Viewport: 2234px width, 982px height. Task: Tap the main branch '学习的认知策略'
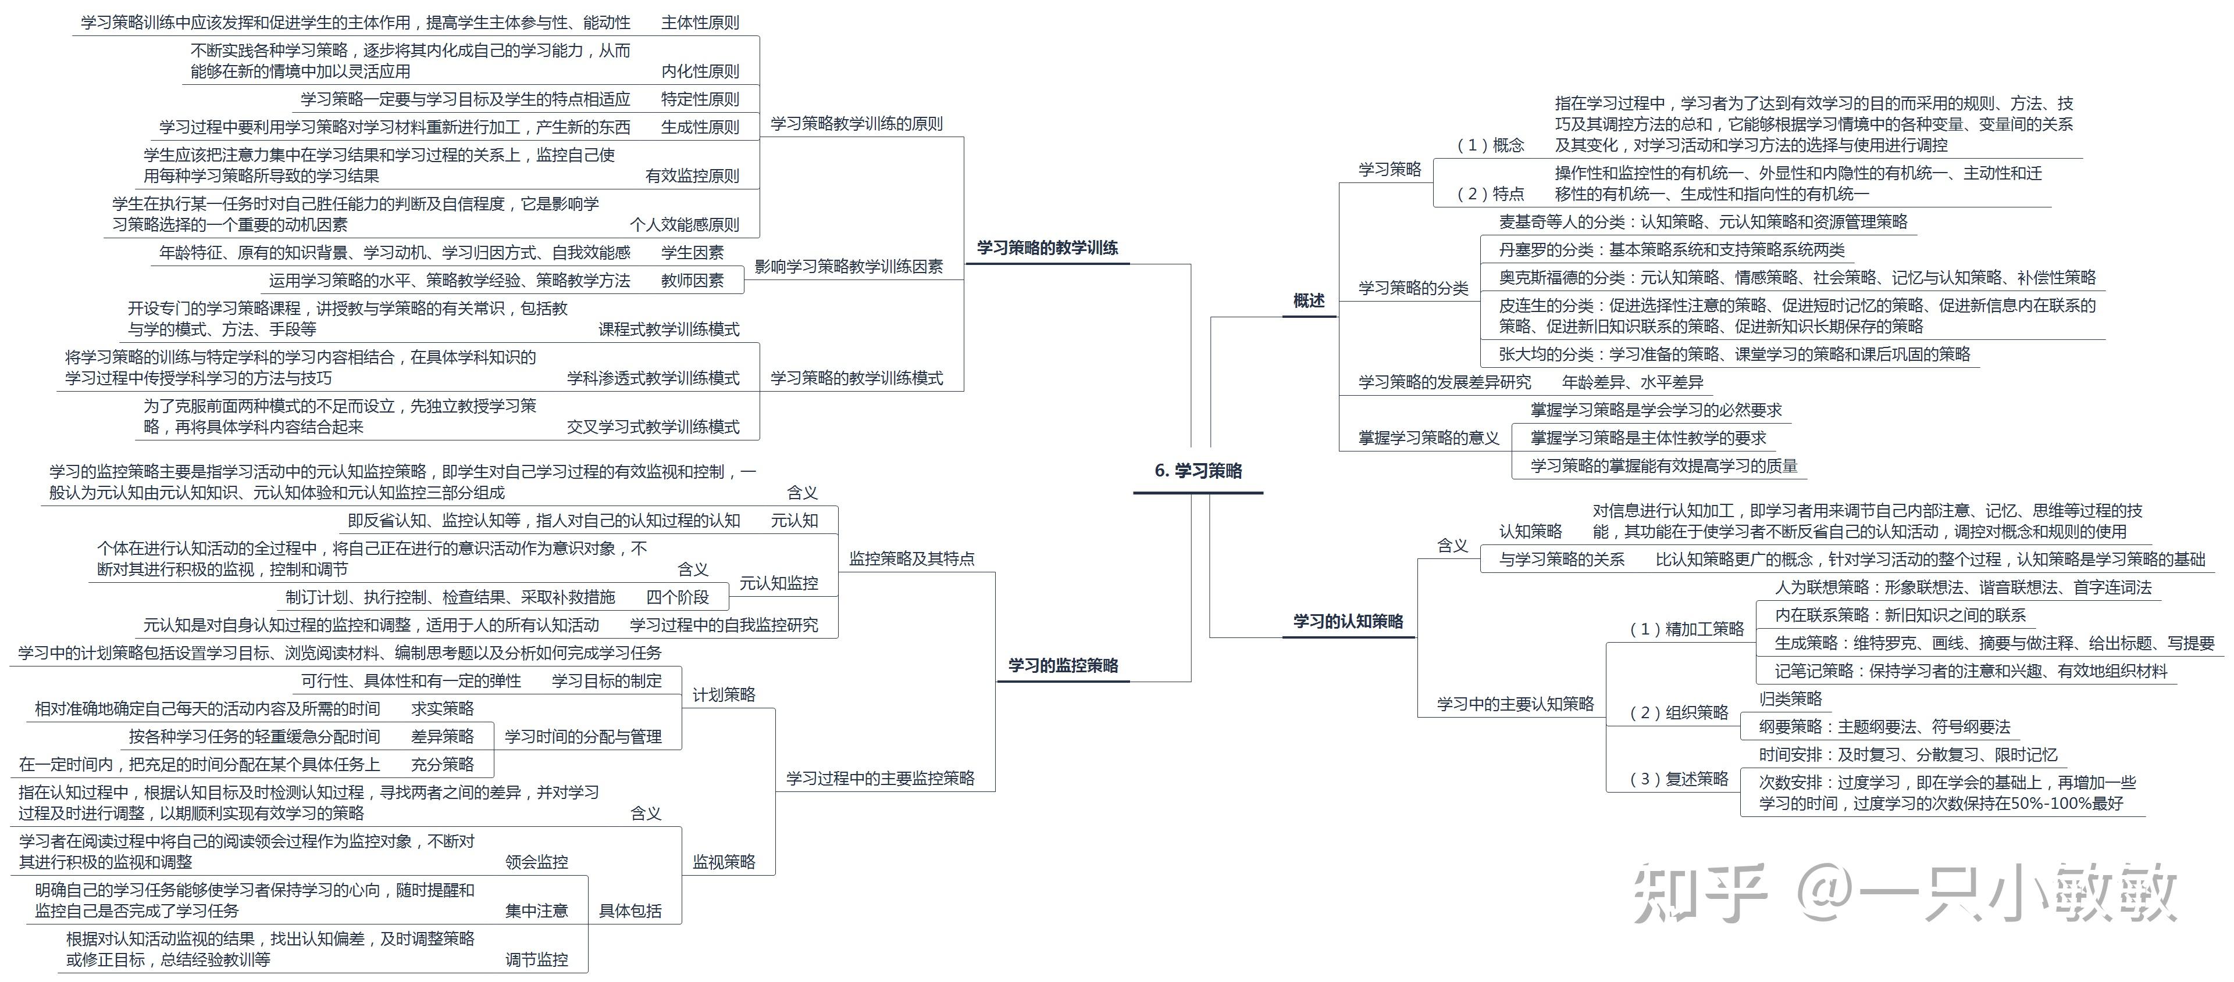(1348, 621)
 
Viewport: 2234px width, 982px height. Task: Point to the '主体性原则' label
(700, 23)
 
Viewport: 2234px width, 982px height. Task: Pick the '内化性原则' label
(700, 71)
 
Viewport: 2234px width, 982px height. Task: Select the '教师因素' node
(692, 280)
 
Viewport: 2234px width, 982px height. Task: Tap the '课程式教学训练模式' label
(669, 329)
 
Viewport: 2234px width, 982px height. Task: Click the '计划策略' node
(724, 694)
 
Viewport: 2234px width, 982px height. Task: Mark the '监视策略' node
(724, 862)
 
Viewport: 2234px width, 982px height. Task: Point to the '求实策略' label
(442, 708)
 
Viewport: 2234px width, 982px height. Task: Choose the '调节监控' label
(537, 959)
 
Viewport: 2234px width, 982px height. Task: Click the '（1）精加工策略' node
(1687, 628)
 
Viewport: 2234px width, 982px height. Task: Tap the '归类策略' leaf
(1790, 698)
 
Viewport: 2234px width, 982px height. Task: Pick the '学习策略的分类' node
(1413, 288)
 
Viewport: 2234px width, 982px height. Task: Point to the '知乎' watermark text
(1699, 893)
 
